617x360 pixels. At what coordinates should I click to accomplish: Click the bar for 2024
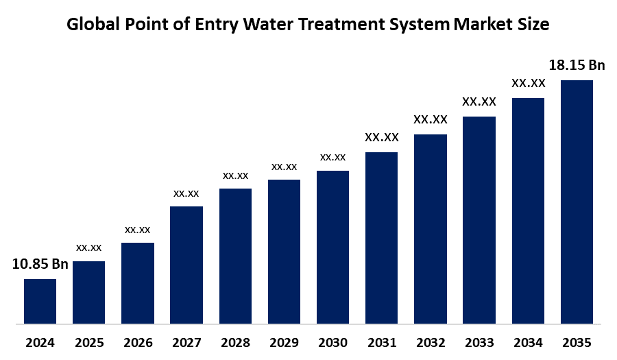tap(40, 300)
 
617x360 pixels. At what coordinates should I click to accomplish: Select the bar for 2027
tap(186, 264)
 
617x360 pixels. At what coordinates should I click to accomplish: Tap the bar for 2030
tap(332, 246)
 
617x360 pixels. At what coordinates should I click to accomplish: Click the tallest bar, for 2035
tap(577, 201)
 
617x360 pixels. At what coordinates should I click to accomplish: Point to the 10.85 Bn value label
tap(40, 264)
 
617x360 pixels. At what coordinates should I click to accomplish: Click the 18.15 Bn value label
tap(577, 66)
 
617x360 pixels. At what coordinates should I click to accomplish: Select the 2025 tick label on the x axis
tap(88, 342)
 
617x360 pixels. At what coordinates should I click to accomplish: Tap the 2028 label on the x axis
tap(235, 342)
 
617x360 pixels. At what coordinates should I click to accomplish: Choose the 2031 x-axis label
tap(381, 342)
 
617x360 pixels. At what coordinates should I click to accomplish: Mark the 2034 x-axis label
tap(528, 342)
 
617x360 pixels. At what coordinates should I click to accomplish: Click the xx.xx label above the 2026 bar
tap(137, 229)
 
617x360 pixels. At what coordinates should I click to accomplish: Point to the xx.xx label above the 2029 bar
tap(284, 167)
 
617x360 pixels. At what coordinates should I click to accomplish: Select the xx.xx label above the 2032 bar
tap(431, 119)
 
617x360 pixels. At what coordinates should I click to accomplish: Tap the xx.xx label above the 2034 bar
tap(528, 84)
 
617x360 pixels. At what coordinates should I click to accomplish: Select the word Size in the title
tap(533, 25)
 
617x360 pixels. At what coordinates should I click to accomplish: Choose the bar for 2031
tap(381, 237)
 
